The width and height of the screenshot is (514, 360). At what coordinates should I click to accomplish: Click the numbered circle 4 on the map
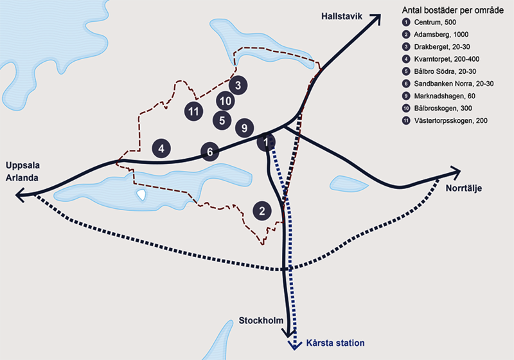(162, 148)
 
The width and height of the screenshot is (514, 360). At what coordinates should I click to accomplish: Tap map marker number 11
(193, 111)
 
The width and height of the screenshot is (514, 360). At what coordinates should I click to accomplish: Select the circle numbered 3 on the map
(238, 85)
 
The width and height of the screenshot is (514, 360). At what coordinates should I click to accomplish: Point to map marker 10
(224, 101)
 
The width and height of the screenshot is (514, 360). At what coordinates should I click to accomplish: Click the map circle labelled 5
(222, 120)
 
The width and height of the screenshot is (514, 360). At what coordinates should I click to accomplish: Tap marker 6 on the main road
(209, 152)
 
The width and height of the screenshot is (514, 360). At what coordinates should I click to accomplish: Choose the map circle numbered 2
(261, 210)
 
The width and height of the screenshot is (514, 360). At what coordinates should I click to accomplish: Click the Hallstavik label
(341, 14)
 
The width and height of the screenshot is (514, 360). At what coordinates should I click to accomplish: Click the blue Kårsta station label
(334, 343)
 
